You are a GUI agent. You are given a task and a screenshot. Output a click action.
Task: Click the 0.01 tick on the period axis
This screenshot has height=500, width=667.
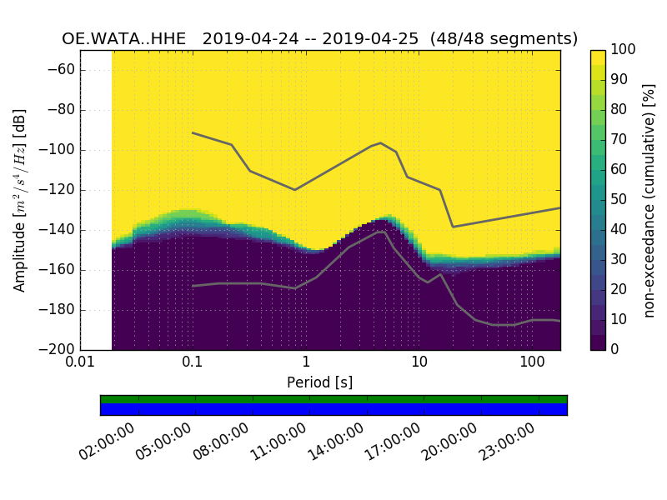point(80,362)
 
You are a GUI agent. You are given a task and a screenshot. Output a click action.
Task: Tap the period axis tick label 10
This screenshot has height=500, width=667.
point(419,362)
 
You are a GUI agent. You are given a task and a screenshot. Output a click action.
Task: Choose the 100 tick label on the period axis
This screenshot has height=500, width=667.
point(532,362)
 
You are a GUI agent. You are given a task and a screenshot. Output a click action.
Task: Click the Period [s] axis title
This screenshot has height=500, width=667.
point(319,382)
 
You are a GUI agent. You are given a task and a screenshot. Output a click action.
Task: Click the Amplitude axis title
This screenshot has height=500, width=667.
point(20,200)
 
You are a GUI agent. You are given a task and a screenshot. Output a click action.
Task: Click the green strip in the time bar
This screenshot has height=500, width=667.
point(333,399)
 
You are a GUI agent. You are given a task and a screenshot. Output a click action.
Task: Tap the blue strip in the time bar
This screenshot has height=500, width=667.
point(333,409)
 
